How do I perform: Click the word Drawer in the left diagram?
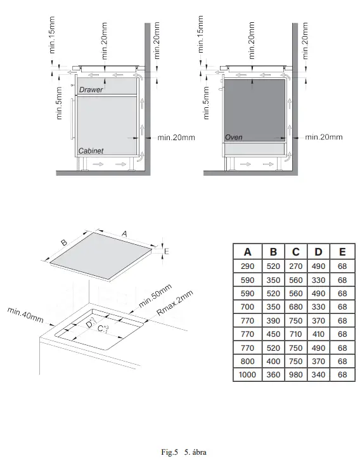(91, 90)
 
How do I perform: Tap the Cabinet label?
(91, 152)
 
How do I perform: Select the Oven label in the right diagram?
(234, 137)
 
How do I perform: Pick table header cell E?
(342, 252)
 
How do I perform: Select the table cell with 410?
(318, 334)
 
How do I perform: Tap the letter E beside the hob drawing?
(166, 252)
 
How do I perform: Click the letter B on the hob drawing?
(64, 242)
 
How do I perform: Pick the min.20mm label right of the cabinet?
(176, 137)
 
